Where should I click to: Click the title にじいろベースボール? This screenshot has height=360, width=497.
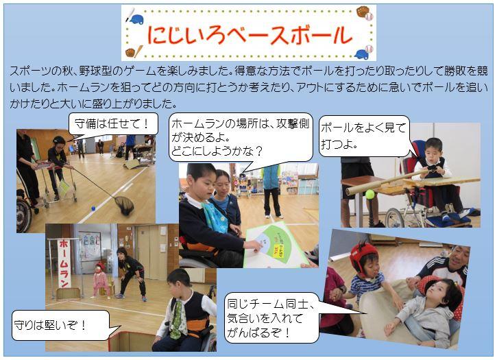[x=250, y=34]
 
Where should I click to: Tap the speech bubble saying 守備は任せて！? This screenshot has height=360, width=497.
[x=113, y=123]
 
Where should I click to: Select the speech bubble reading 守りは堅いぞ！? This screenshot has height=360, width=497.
[x=61, y=325]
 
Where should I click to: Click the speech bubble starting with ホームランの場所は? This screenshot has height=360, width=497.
[x=241, y=137]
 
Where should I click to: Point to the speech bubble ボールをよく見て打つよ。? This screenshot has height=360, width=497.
[x=364, y=136]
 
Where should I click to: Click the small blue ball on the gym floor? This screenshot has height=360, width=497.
[x=93, y=208]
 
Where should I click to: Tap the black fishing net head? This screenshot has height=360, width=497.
[x=124, y=205]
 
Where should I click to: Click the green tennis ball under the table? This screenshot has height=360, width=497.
[x=369, y=194]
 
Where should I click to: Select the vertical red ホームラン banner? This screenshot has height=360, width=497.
[x=64, y=263]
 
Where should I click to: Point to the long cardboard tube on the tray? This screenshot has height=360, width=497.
[x=387, y=182]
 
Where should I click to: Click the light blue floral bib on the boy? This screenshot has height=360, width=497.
[x=215, y=216]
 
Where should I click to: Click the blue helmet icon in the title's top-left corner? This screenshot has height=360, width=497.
[x=136, y=19]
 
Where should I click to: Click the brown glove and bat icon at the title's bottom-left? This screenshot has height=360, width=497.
[x=134, y=51]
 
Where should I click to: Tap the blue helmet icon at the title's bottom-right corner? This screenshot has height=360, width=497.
[x=361, y=54]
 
